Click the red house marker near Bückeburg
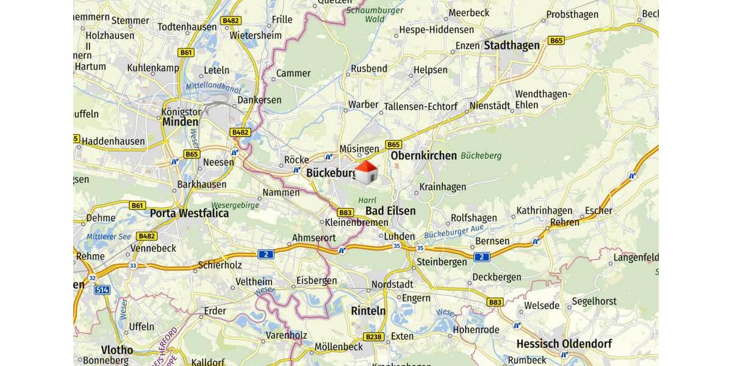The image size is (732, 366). tap(366, 173)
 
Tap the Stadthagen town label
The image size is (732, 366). tap(512, 45)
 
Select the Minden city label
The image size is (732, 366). tap(180, 121)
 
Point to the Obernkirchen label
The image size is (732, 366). tap(423, 156)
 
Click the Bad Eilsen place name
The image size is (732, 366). tap(390, 211)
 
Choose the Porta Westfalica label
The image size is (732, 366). tap(189, 213)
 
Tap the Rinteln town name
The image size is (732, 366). tap(368, 310)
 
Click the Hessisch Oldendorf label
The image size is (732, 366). tap(564, 344)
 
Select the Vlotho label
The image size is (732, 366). tap(117, 350)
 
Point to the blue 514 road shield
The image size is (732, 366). tap(102, 290)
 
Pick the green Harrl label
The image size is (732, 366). tap(367, 200)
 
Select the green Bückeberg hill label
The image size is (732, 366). tap(481, 156)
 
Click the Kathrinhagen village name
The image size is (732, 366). tap(544, 211)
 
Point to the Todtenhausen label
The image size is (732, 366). tap(187, 27)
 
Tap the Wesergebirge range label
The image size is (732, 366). tap(235, 205)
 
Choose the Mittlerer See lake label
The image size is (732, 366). tap(109, 237)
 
